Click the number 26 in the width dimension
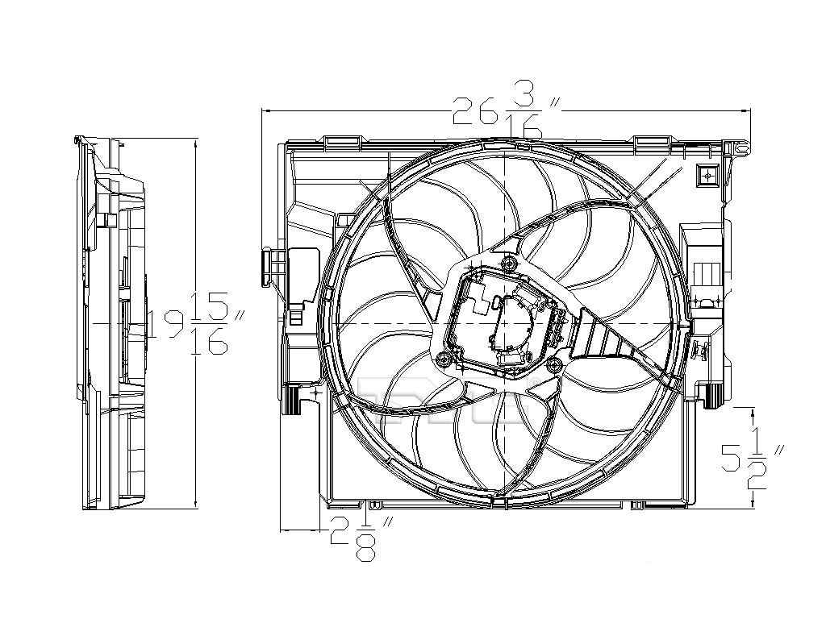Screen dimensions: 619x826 tap(473, 110)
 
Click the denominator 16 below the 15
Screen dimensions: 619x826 tap(208, 342)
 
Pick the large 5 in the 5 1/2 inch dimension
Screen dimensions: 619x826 tap(731, 458)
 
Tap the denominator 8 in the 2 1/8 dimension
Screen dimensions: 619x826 tap(367, 550)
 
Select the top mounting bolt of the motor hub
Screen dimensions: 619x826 tap(507, 265)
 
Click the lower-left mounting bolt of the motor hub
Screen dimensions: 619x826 tap(442, 359)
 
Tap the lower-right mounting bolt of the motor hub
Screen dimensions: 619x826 tap(553, 365)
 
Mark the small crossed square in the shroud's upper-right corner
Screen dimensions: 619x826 tap(706, 175)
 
